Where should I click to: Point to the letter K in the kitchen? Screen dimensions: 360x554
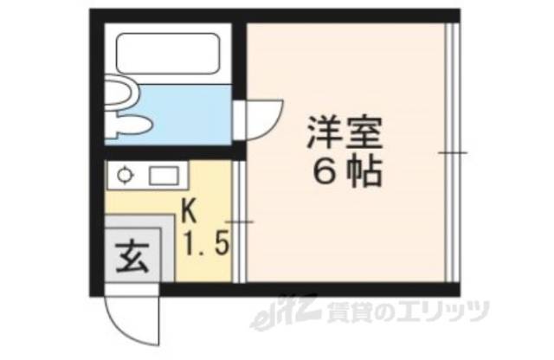coord(190,209)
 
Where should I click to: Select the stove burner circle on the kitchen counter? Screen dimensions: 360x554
coord(125,176)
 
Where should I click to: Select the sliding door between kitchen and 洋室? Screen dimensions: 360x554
coord(238,222)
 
